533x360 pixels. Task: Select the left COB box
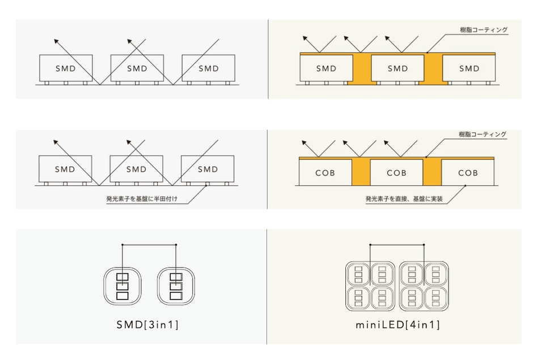pos(325,172)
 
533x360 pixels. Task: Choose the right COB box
pos(468,172)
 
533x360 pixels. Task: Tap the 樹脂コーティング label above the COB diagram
pos(483,134)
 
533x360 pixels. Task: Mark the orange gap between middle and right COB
pos(432,172)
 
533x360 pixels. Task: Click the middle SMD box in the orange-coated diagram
pos(397,69)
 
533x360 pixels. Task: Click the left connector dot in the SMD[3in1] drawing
pos(122,245)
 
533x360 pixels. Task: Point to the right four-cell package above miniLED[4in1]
pos(424,285)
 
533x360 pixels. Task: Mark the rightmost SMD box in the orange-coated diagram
pos(469,69)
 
